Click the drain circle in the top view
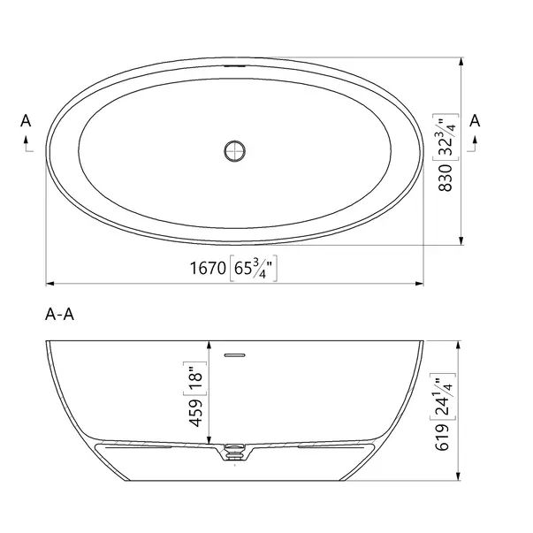click(x=233, y=150)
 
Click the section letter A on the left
click(x=27, y=121)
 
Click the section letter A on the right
click(x=476, y=120)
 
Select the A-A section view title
click(x=57, y=316)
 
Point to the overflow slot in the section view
click(x=234, y=354)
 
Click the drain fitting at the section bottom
click(x=234, y=452)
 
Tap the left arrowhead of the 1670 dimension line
click(x=50, y=284)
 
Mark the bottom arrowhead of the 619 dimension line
click(x=459, y=481)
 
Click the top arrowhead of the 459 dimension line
click(x=209, y=346)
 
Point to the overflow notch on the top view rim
click(x=234, y=65)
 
